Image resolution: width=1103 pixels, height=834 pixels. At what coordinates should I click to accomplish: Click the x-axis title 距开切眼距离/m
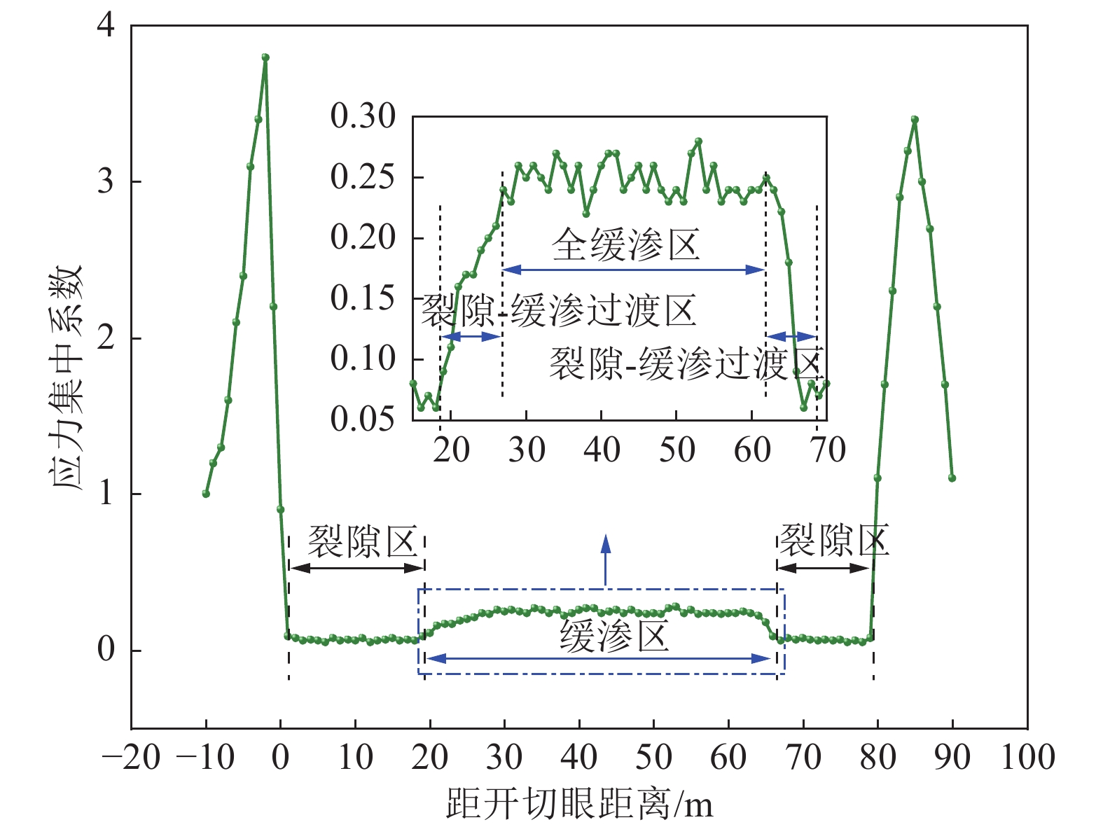(579, 804)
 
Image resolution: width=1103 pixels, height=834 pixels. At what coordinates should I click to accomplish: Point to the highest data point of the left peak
(265, 57)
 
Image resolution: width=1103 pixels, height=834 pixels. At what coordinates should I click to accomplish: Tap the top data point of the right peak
(915, 120)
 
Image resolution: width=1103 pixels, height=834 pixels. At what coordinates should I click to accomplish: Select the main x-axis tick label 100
(1027, 758)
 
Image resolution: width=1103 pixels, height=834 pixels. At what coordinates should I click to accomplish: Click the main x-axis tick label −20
(131, 758)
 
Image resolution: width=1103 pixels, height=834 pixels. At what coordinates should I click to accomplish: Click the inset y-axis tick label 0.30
(363, 116)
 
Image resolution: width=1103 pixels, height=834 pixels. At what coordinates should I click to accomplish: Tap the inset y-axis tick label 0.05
(363, 419)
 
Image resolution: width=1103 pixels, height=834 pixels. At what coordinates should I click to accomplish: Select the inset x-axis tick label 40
(602, 450)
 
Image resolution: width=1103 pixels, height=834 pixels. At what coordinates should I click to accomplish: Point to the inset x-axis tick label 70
(828, 450)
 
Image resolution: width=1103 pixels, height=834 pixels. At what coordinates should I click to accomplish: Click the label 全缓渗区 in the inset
(625, 245)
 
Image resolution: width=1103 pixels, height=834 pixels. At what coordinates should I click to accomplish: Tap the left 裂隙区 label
(363, 541)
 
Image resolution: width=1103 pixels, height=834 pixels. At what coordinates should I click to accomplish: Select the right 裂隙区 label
(833, 540)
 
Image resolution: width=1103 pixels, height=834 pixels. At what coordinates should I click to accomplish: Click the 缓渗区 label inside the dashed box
(613, 637)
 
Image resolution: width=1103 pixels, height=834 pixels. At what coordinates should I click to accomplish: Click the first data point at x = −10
(206, 494)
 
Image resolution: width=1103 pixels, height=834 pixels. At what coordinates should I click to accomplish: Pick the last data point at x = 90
(952, 478)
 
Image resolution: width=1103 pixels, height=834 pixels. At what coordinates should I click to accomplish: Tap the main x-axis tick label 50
(653, 758)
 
